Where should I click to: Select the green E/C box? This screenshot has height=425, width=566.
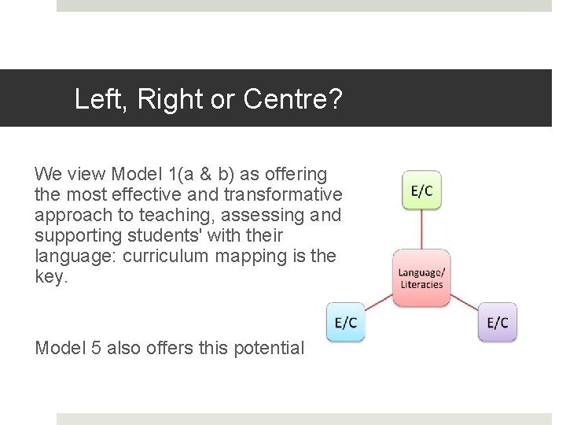[x=421, y=191]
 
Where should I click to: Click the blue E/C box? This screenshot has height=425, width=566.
[x=346, y=323]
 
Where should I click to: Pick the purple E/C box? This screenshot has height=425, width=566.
[x=497, y=323]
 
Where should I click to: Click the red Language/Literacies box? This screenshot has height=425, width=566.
[x=421, y=278]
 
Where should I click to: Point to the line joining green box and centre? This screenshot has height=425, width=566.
[x=421, y=230]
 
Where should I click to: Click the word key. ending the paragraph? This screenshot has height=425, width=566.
[x=52, y=277]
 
